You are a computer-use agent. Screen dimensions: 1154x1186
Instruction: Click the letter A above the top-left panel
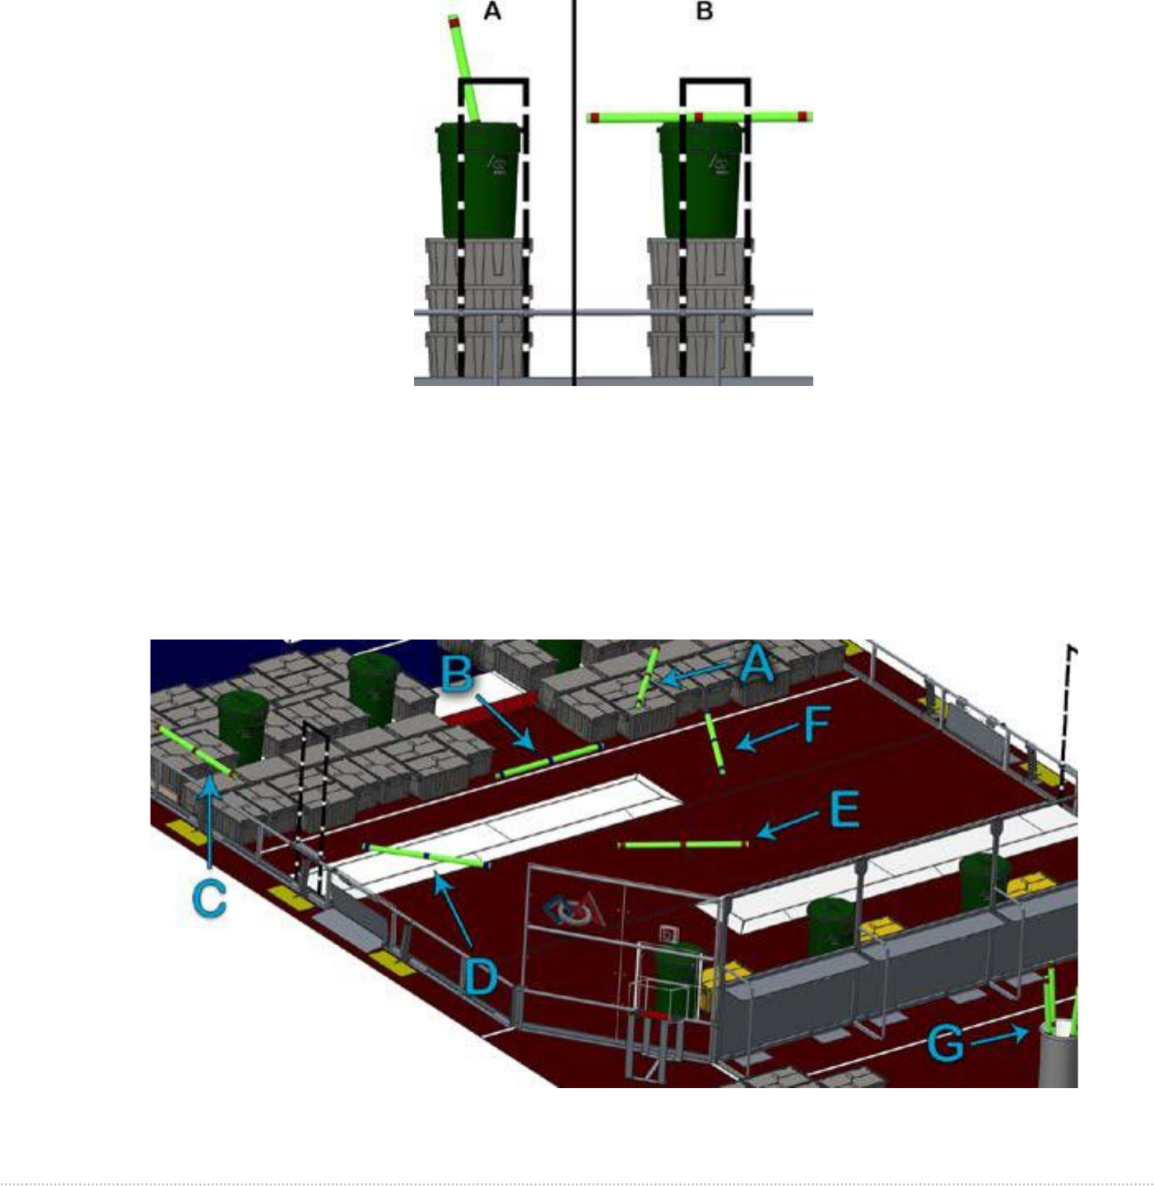coord(492,12)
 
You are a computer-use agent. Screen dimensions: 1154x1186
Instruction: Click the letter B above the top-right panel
coord(704,12)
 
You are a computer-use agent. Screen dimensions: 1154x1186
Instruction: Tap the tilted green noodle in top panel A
coord(463,67)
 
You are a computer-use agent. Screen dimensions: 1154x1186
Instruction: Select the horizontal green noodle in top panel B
coord(700,117)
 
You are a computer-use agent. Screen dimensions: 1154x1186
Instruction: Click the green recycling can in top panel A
coord(479,179)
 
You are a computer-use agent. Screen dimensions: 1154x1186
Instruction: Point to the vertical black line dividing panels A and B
coord(574,193)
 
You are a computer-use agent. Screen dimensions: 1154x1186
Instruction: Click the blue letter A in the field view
coord(756,665)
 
